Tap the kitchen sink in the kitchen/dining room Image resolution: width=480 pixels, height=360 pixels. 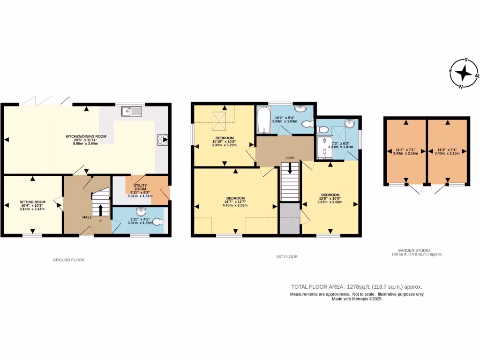pos(132,111)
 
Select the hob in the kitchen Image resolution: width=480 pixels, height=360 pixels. pos(162,139)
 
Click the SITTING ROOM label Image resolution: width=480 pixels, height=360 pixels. pos(32,205)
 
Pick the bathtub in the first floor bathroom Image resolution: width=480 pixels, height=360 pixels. pos(263,121)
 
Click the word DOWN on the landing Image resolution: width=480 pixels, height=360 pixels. pos(290,158)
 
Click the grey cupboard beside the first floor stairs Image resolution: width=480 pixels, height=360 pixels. pos(290,218)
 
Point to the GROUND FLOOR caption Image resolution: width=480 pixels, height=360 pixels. pos(69,260)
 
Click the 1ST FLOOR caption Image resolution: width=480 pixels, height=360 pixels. pos(287,256)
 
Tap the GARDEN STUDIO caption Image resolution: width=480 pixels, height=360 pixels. pos(417,250)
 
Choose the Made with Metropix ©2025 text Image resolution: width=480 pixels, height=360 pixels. pos(357,299)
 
